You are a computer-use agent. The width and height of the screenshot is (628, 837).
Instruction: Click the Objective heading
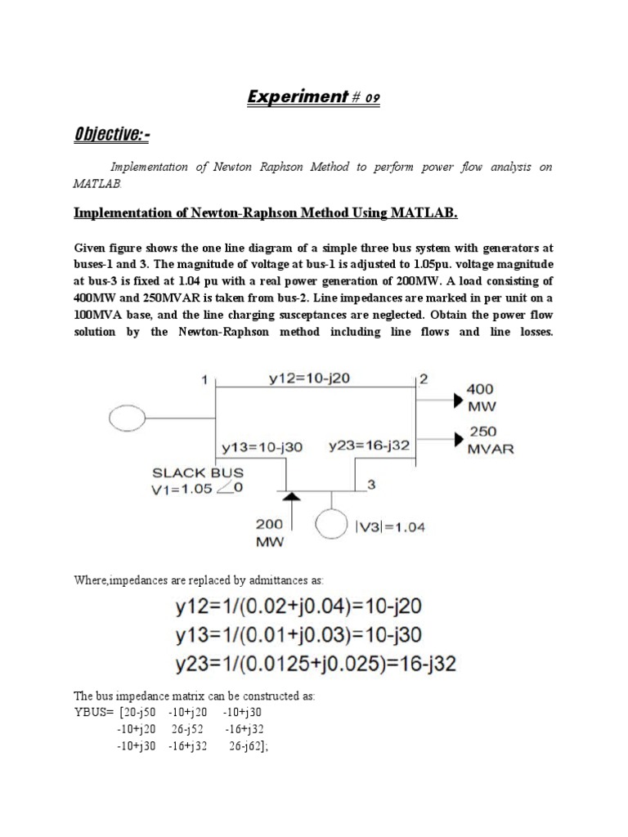pos(114,133)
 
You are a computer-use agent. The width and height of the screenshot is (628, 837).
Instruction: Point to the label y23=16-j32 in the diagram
pos(369,445)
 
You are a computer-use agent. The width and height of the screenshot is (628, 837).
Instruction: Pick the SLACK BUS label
pos(196,472)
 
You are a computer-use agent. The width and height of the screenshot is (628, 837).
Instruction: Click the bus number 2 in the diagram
pos(423,378)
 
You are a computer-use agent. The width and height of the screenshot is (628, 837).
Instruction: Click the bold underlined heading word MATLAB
pos(417,214)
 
